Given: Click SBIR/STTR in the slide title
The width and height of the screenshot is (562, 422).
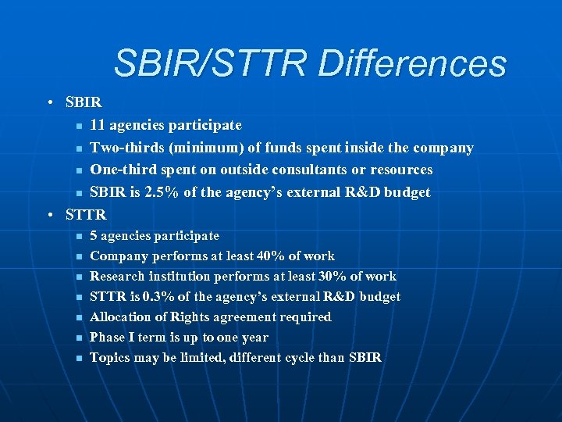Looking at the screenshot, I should click(211, 64).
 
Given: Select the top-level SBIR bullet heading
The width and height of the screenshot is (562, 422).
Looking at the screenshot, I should click(84, 103).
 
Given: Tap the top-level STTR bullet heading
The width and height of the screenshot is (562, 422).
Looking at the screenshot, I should click(86, 213).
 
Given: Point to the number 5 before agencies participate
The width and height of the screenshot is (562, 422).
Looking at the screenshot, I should click(94, 236).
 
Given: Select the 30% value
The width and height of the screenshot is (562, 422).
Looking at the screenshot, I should click(329, 277).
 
